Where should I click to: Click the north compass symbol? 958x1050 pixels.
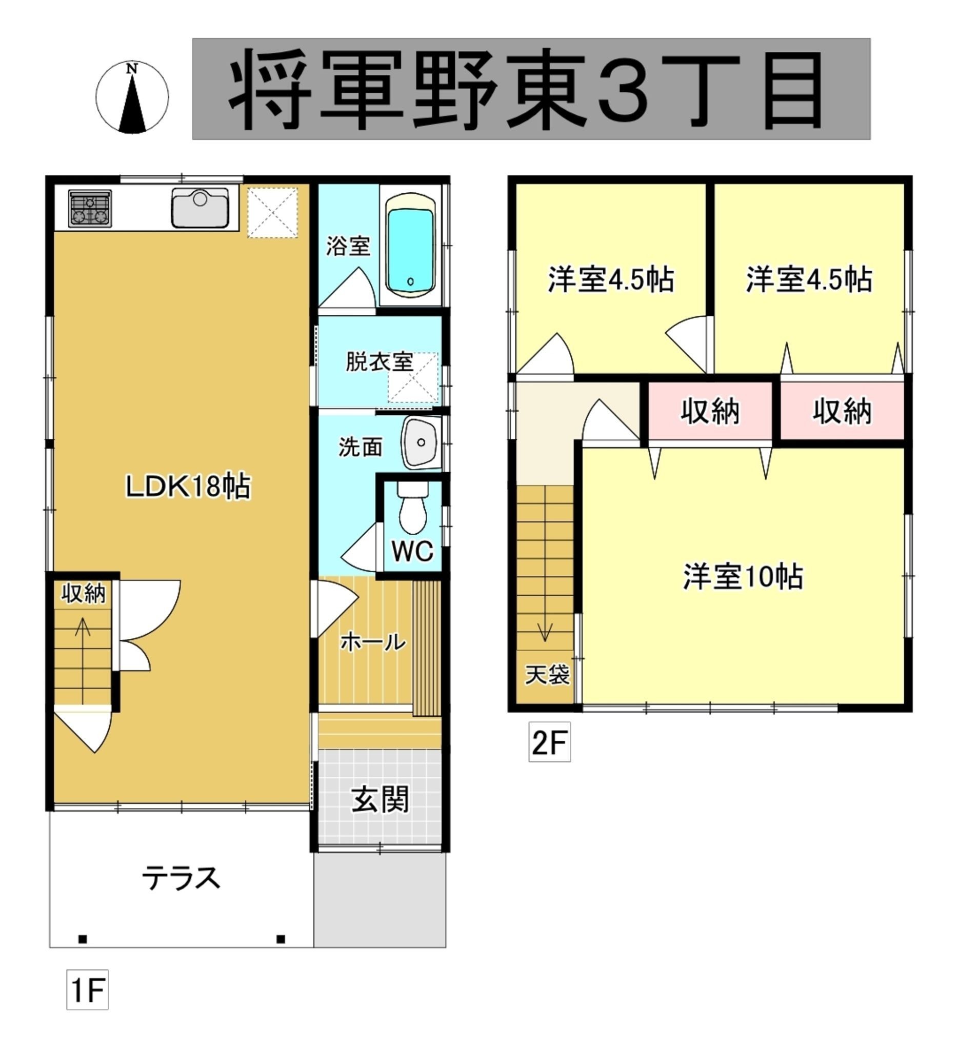tap(132, 97)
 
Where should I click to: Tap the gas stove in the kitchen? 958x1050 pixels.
tap(90, 209)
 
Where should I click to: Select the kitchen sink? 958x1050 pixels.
tap(200, 207)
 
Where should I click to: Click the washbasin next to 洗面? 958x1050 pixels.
tap(421, 442)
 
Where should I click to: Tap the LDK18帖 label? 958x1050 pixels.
tap(189, 486)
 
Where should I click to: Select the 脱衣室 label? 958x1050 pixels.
tap(380, 361)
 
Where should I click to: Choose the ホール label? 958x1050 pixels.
tap(373, 642)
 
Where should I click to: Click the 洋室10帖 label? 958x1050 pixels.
tap(743, 577)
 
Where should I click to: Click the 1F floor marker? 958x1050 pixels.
tap(88, 990)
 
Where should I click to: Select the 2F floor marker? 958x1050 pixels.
tap(550, 742)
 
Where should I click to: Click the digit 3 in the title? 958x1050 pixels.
tap(623, 90)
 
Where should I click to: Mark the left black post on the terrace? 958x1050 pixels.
tap(82, 939)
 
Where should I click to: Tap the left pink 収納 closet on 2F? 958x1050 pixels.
tap(710, 412)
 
